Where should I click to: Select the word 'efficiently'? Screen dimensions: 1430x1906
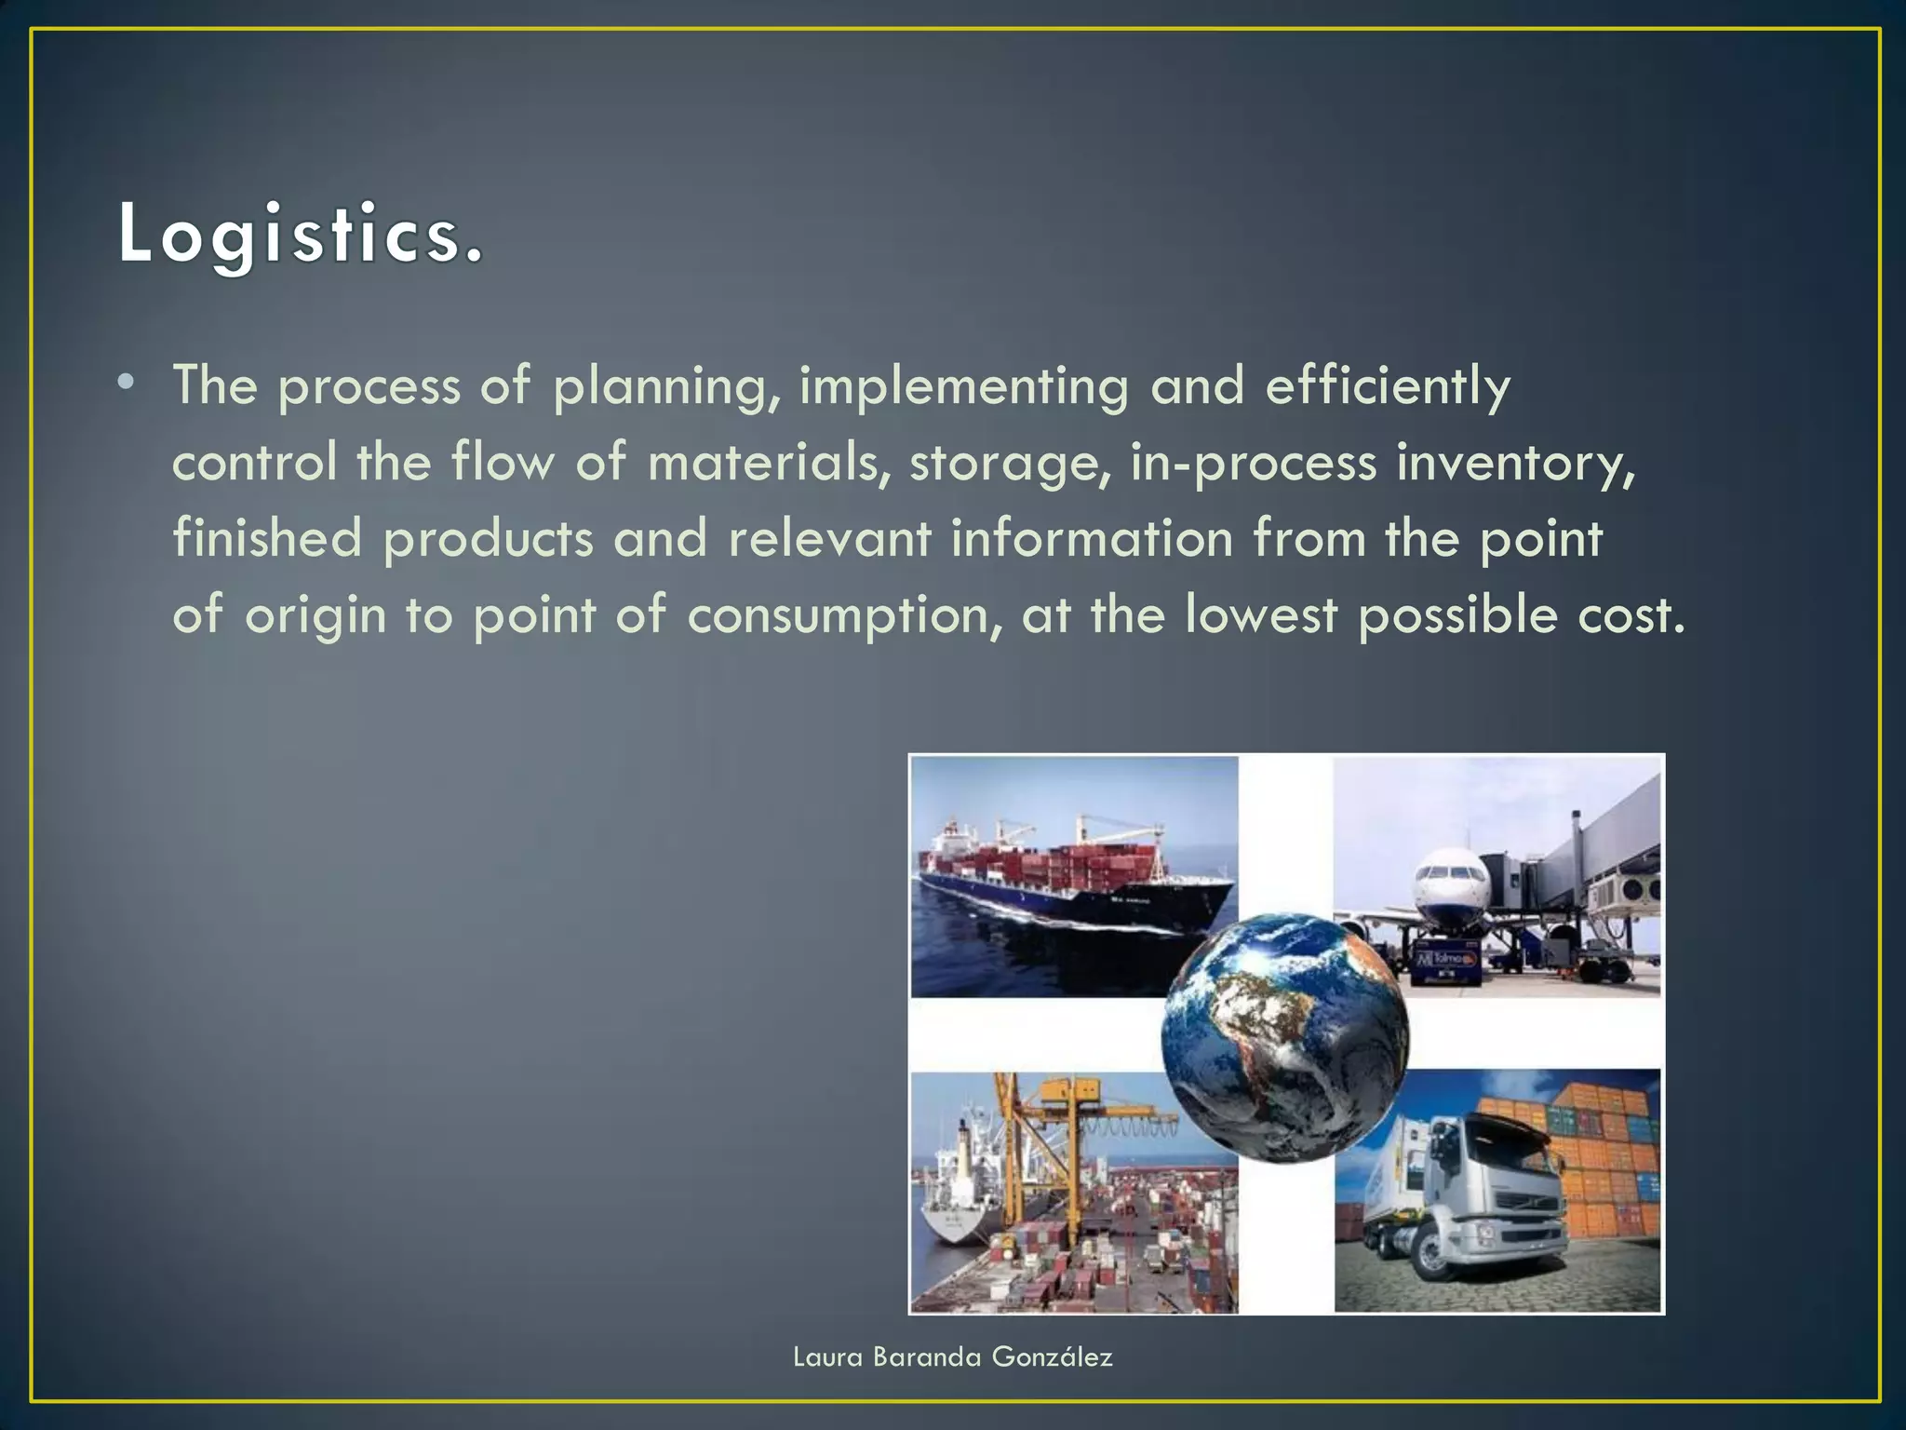[1387, 386]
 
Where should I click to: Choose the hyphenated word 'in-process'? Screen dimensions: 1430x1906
[1253, 463]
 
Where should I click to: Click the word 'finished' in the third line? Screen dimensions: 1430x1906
[267, 539]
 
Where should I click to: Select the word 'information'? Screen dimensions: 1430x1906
[1091, 539]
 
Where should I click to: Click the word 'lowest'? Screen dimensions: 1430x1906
[1260, 615]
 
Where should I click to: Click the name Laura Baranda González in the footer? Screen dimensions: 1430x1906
[952, 1357]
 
